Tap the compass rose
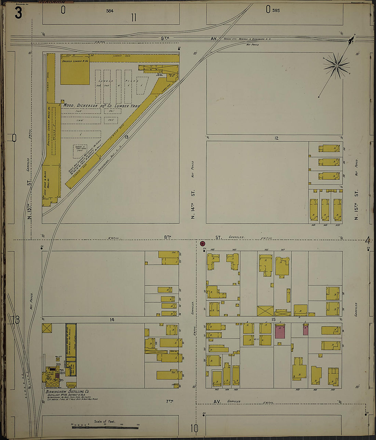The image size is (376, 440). (x=337, y=65)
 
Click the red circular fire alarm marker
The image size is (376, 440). (x=202, y=244)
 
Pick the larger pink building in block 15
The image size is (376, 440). (x=280, y=332)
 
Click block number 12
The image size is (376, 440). (x=276, y=138)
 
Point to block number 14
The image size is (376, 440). (x=111, y=320)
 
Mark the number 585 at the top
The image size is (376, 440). (x=276, y=11)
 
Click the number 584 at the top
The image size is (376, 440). (x=109, y=11)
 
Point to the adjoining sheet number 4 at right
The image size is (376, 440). (x=368, y=240)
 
